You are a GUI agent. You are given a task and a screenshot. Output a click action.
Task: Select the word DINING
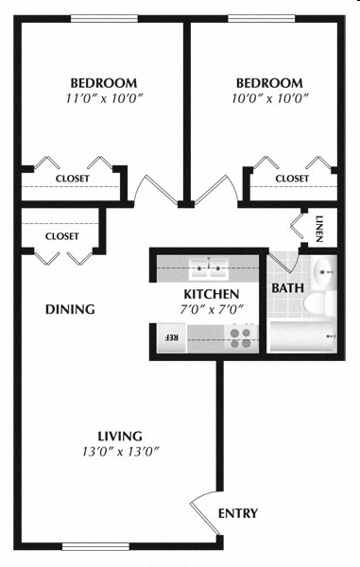(x=70, y=309)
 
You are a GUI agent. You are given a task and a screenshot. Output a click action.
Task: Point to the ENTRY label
(x=238, y=513)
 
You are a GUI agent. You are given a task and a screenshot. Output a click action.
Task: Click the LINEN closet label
(x=320, y=229)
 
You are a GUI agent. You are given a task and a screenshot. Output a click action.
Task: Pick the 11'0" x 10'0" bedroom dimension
(x=105, y=97)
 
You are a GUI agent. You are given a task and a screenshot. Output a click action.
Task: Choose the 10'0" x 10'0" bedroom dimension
(x=269, y=97)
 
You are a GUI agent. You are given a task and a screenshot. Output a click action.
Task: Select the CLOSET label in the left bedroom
(x=73, y=178)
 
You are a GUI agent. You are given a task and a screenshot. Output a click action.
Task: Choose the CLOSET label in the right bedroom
(x=292, y=178)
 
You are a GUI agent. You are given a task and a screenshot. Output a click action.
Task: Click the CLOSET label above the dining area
(x=62, y=235)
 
